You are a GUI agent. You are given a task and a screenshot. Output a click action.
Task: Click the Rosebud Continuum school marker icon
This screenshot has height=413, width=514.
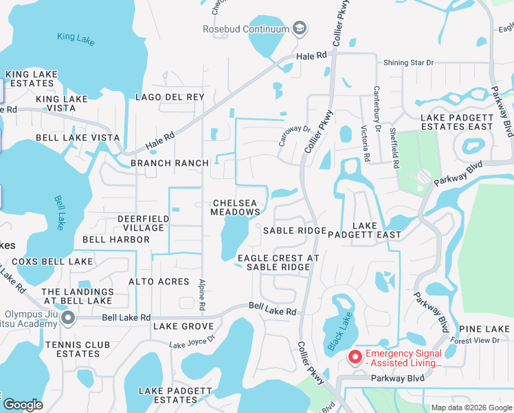point(299,28)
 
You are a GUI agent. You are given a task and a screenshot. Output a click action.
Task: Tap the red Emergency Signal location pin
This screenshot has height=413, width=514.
point(355,357)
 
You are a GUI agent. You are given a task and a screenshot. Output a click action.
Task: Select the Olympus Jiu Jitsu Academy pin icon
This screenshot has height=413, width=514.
point(67,317)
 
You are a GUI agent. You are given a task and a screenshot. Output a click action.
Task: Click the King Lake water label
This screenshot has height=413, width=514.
point(76,39)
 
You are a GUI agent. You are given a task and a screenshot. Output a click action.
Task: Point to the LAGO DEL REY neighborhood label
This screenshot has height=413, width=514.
point(170,97)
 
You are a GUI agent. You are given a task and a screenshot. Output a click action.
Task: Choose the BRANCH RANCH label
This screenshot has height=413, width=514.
point(169,163)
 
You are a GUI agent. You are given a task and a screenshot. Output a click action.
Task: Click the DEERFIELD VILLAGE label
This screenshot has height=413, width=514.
point(143,223)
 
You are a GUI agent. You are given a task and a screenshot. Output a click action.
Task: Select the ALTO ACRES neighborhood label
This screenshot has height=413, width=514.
point(159,282)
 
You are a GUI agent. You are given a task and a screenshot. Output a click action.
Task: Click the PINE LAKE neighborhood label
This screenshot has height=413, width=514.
point(484,329)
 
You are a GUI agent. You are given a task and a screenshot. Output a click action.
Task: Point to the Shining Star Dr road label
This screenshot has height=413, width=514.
point(409,63)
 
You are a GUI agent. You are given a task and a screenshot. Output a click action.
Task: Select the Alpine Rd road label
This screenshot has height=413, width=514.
point(202,296)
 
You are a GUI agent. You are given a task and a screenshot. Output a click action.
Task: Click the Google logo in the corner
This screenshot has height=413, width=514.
point(23,405)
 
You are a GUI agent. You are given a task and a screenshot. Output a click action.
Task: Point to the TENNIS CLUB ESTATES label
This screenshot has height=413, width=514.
point(73,349)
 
